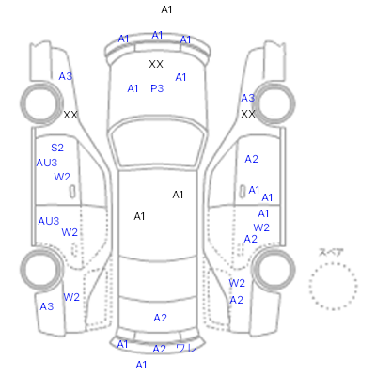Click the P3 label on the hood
157,88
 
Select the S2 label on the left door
57,148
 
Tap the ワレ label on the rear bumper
186,348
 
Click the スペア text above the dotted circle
331,252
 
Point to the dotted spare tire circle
333,263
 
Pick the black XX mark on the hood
156,64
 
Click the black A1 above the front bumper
166,9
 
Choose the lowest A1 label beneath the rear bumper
141,365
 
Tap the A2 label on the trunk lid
160,318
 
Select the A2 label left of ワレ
159,349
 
